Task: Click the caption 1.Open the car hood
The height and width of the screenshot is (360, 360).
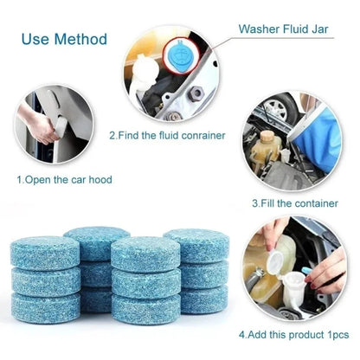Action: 65,180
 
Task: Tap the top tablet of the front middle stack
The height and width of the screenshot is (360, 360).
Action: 145,253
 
